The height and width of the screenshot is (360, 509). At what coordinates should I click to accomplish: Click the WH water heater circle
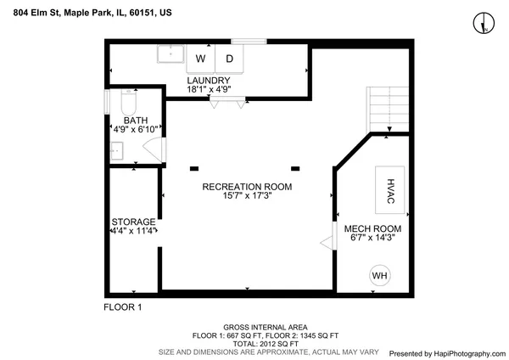pyautogui.click(x=379, y=275)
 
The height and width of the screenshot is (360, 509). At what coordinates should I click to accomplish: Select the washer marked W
pyautogui.click(x=201, y=59)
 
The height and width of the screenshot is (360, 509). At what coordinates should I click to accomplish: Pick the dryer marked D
pyautogui.click(x=229, y=59)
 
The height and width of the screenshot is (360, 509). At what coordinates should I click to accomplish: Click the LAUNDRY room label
pyautogui.click(x=209, y=81)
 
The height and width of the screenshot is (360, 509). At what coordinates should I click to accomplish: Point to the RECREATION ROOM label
pyautogui.click(x=247, y=187)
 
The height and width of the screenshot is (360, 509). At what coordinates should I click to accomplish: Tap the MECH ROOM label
pyautogui.click(x=372, y=229)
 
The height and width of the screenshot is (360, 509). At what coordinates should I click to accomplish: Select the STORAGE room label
pyautogui.click(x=133, y=222)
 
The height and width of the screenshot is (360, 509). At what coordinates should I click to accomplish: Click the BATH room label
pyautogui.click(x=136, y=121)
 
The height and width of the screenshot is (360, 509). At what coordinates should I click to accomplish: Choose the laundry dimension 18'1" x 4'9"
pyautogui.click(x=209, y=90)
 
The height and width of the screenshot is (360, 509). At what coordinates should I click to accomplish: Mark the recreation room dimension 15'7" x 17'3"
pyautogui.click(x=247, y=196)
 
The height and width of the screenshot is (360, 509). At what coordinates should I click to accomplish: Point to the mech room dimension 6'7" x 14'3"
pyautogui.click(x=372, y=239)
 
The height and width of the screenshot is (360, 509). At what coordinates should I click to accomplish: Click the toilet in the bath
pyautogui.click(x=128, y=104)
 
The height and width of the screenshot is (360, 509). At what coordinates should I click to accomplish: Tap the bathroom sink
pyautogui.click(x=117, y=152)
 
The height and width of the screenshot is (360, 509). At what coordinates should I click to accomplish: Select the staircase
pyautogui.click(x=388, y=109)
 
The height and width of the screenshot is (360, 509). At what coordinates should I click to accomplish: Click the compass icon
pyautogui.click(x=484, y=23)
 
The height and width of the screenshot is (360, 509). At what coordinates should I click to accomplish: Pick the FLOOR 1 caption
pyautogui.click(x=122, y=307)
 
